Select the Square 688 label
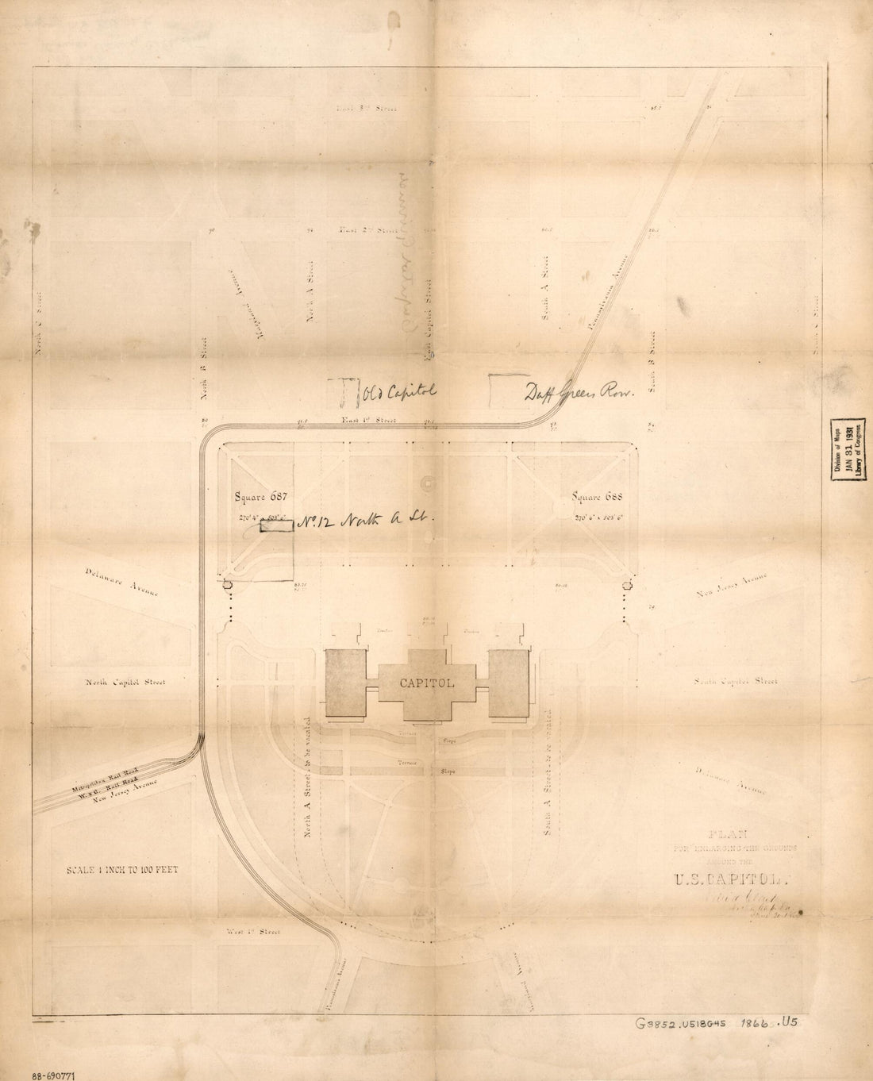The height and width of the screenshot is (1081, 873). coord(599,498)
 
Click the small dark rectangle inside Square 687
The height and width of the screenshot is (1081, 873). coord(276,525)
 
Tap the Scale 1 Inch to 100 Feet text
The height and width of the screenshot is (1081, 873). coord(122,869)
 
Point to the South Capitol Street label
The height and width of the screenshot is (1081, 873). coord(735,681)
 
